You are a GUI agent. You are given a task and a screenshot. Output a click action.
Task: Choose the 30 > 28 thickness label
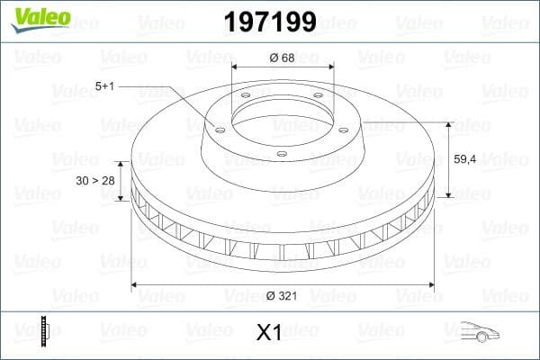pos(94,181)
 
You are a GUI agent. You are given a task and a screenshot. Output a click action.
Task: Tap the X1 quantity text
pos(270,333)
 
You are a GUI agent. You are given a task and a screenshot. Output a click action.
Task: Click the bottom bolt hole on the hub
pos(282,154)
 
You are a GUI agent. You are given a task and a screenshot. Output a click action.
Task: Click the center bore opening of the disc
pos(283,117)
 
